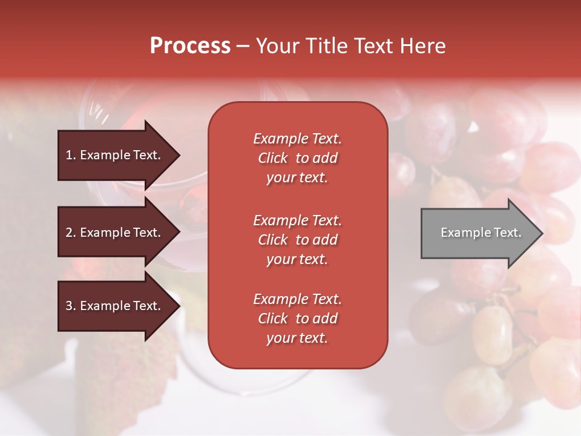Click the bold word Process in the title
[190, 46]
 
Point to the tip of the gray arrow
[542, 233]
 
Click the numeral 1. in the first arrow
[71, 155]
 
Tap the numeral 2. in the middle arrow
[71, 233]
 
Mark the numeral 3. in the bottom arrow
[71, 306]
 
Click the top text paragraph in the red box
[297, 158]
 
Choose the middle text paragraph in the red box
[297, 240]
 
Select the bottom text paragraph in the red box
[297, 319]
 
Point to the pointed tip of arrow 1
[179, 155]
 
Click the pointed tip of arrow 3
[179, 306]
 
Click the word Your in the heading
[278, 46]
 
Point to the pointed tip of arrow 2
[179, 233]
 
